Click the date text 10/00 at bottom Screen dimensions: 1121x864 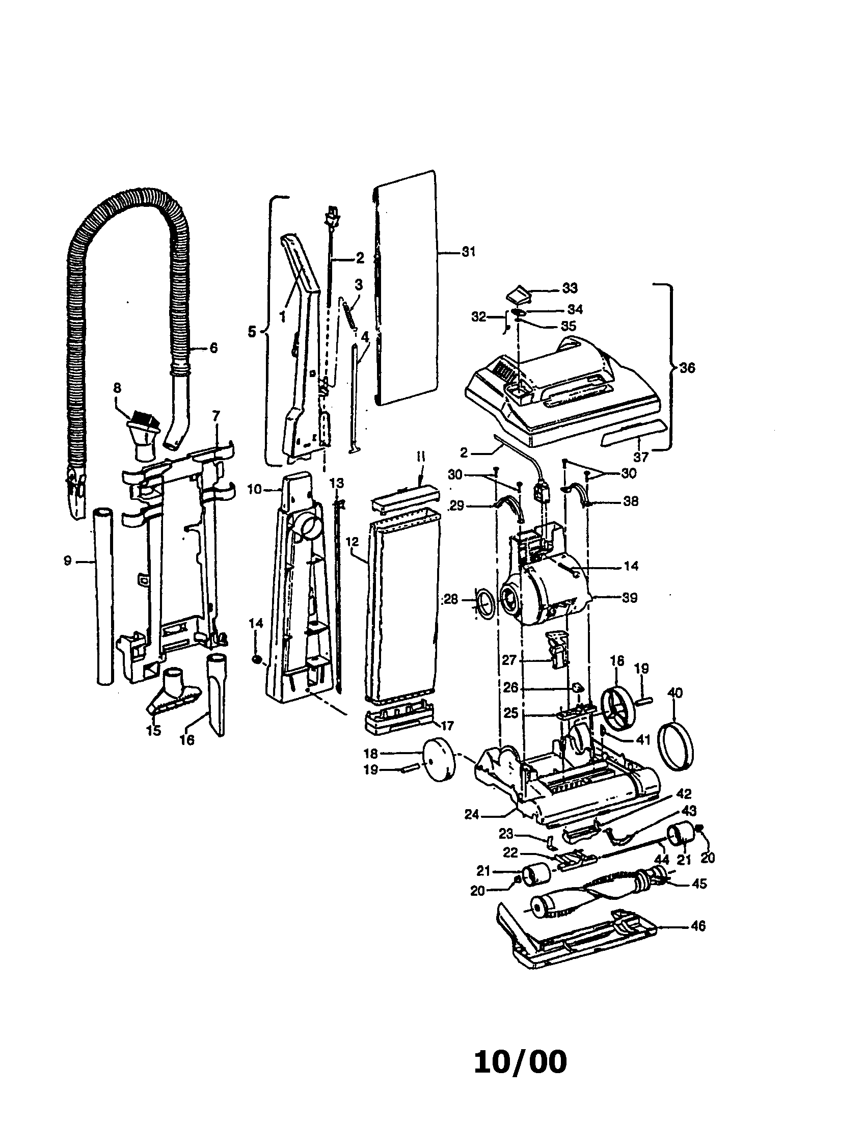tap(520, 1062)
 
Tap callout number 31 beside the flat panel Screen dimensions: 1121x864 tap(468, 252)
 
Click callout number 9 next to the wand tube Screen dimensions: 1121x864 tap(67, 561)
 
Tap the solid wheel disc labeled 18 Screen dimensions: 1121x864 tap(440, 764)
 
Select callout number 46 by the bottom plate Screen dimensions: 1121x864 tap(698, 925)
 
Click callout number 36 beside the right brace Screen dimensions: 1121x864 tap(688, 367)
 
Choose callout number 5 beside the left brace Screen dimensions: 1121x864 tap(251, 332)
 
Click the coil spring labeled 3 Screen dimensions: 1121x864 tap(349, 314)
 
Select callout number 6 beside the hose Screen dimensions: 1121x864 tap(213, 348)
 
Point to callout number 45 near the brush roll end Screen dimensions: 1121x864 tap(699, 884)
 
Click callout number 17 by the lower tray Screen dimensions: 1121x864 tap(447, 726)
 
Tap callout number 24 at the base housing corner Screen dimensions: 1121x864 tap(472, 814)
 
